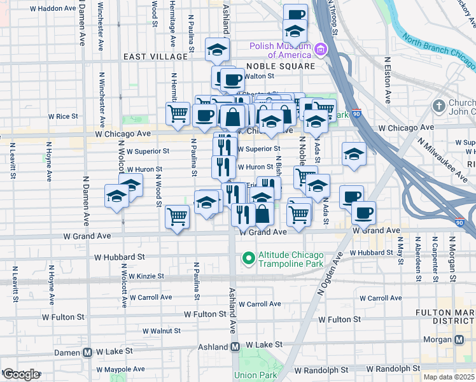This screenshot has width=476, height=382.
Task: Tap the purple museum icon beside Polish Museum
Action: point(319,49)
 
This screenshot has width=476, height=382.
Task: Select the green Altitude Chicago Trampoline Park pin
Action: point(248,258)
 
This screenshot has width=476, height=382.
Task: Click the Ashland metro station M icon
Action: point(235,347)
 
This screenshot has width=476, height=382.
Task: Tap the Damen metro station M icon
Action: point(88,352)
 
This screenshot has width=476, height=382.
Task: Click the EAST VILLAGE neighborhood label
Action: point(156,57)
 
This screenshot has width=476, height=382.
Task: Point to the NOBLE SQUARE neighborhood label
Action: point(280,66)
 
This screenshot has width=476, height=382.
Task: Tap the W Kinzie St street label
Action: point(146,276)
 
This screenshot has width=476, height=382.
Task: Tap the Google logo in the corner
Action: point(21,374)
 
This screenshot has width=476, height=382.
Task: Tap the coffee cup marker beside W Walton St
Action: point(232,80)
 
